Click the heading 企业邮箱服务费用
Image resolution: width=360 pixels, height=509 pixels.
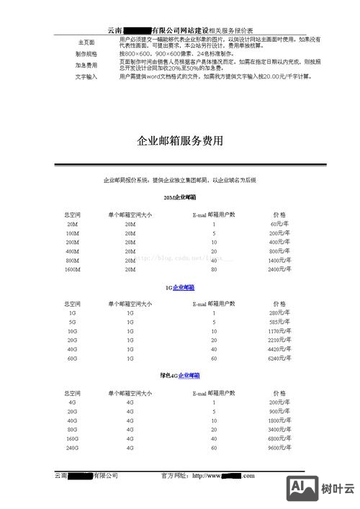coord(180,140)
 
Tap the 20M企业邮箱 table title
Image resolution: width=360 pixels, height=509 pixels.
coord(180,197)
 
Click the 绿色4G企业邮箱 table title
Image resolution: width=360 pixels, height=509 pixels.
coord(180,376)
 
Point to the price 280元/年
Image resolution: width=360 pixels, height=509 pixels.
coord(279,313)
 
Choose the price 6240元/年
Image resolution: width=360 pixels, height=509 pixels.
coord(279,358)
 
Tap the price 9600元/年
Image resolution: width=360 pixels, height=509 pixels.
coord(279,447)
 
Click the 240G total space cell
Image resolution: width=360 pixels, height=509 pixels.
coord(72,447)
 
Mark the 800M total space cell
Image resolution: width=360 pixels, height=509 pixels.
coord(72,260)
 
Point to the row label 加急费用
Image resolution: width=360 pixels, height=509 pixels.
coord(86,65)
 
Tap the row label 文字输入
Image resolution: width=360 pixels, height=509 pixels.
coord(86,76)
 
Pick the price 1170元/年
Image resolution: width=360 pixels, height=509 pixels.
coord(279,331)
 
